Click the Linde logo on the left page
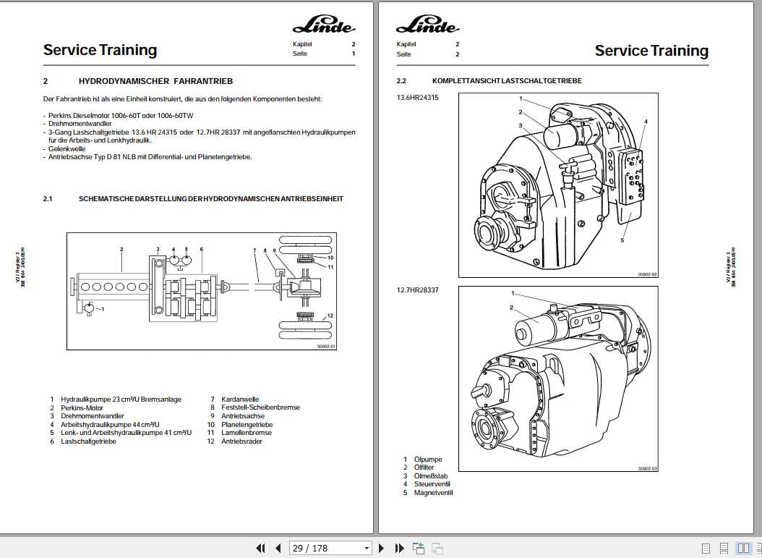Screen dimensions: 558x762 324,27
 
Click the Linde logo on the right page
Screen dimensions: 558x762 427,27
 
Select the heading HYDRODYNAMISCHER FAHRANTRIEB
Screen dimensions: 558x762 155,81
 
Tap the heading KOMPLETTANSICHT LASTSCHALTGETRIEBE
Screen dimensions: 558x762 507,81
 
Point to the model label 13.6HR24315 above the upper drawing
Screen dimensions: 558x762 417,97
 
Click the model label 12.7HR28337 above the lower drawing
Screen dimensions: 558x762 417,290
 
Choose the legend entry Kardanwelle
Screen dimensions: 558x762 240,399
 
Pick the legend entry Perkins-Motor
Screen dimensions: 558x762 82,407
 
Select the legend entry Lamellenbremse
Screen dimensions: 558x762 247,433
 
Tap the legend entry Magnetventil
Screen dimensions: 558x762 433,493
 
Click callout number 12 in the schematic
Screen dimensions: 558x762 330,316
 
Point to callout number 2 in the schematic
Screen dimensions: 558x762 121,250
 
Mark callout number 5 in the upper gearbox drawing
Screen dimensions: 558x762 622,241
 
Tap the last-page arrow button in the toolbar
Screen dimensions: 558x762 398,549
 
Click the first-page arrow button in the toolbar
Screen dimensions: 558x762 261,549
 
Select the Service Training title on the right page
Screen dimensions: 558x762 651,51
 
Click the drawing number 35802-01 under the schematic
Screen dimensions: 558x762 327,347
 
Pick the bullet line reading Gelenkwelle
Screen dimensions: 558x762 67,148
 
